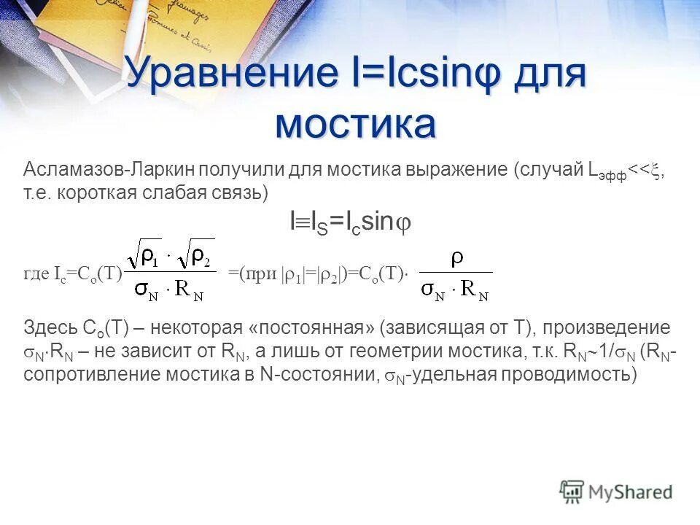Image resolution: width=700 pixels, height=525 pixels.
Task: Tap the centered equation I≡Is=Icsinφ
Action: tap(350, 224)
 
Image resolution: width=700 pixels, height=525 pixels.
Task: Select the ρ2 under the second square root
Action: tap(201, 257)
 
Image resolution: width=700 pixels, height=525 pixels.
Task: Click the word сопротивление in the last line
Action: tap(87, 374)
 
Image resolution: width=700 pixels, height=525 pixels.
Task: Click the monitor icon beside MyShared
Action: tap(572, 490)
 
